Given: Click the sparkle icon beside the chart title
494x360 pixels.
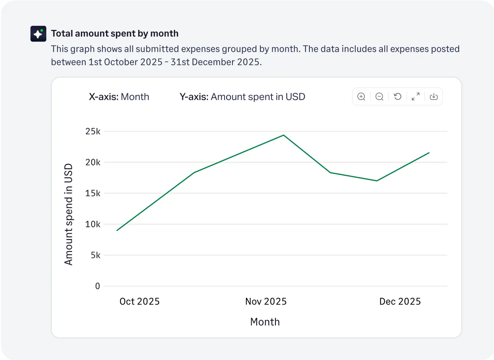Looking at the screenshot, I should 38,34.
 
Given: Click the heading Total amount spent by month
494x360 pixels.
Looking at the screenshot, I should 114,33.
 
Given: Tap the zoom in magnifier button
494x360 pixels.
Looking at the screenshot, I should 361,96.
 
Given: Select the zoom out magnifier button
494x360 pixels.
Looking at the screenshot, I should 380,96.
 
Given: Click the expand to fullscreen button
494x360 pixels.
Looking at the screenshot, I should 415,96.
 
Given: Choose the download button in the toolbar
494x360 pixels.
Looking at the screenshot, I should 434,96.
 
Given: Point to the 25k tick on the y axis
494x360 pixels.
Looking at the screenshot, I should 93,131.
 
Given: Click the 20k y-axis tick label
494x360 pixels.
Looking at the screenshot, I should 93,162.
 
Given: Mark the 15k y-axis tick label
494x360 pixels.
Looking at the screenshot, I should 93,193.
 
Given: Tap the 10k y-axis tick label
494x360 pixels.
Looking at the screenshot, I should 93,224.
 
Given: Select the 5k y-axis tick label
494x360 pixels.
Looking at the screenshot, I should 95,255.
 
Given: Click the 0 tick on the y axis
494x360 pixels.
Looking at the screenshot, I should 98,286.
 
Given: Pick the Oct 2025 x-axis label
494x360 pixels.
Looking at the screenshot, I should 140,301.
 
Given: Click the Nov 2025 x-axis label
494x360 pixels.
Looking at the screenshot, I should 266,301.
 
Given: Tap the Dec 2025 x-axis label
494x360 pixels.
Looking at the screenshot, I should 400,301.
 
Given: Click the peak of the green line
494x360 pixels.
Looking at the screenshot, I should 283,135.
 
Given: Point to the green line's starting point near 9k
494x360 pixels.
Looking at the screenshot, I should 117,230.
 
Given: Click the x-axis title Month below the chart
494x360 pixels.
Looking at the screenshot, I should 265,322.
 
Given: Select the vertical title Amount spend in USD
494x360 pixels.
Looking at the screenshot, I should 69,214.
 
